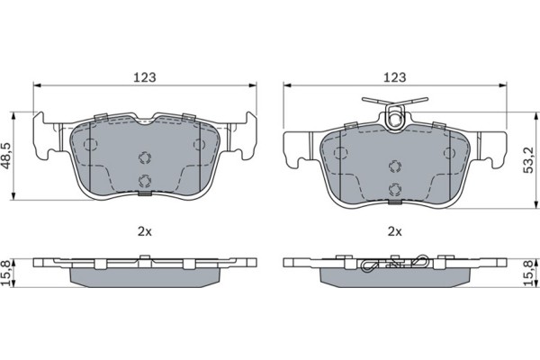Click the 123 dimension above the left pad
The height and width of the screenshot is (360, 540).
point(145,77)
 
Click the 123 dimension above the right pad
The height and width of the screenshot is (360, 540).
point(395,77)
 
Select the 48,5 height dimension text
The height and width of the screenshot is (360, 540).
point(6,156)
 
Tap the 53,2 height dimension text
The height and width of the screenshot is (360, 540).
point(528,160)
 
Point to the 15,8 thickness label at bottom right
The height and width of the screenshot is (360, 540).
point(528,274)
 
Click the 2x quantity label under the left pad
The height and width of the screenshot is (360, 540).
point(145,232)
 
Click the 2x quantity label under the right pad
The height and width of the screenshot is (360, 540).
point(395,232)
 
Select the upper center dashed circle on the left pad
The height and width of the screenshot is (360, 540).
point(145,157)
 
